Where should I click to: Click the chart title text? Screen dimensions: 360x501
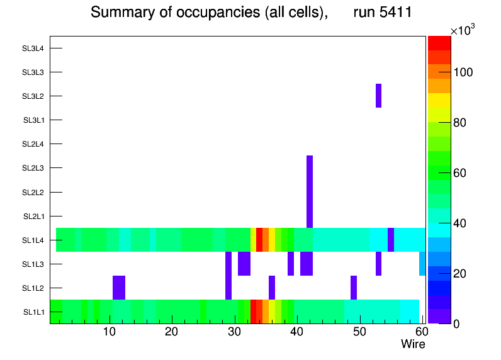pos(250,13)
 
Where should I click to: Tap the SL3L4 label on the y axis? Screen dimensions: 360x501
pos(33,48)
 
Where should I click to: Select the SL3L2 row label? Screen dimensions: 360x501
pos(33,96)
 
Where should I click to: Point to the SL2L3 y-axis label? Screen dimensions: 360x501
pos(33,168)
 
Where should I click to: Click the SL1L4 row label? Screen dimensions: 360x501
pos(33,240)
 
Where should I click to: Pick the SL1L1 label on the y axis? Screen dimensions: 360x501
pos(33,312)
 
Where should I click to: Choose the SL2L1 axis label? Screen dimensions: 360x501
pos(33,216)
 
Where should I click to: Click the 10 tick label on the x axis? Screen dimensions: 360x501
pos(110,332)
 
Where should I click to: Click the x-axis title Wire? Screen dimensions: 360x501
pos(413,344)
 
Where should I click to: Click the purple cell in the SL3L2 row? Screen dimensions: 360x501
pos(378,96)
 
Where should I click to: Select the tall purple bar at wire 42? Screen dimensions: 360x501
pos(310,191)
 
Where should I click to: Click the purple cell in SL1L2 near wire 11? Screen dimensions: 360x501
pos(119,288)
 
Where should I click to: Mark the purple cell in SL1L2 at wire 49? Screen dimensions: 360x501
pos(354,288)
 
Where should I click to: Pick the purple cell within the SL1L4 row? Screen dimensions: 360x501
pos(391,240)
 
